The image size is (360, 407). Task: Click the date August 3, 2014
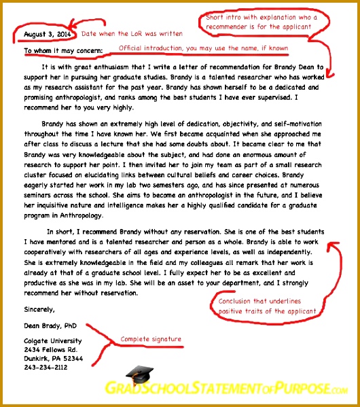tap(48, 33)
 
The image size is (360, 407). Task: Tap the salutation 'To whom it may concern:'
tap(63, 50)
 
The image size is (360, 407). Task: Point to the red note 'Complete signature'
tap(150, 338)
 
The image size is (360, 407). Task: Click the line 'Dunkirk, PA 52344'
tap(54, 358)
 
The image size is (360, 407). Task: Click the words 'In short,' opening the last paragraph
tap(60, 232)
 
